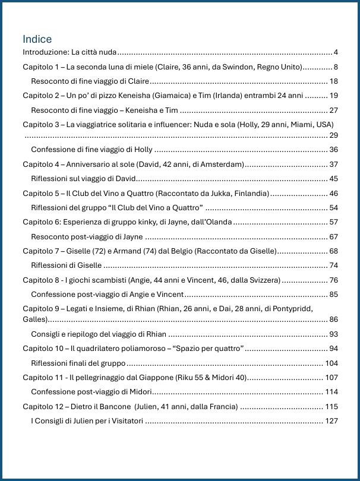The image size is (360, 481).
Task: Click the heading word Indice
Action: click(x=37, y=39)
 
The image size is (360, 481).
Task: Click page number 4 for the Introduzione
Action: click(x=336, y=52)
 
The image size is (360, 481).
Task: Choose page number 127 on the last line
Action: click(x=331, y=420)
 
